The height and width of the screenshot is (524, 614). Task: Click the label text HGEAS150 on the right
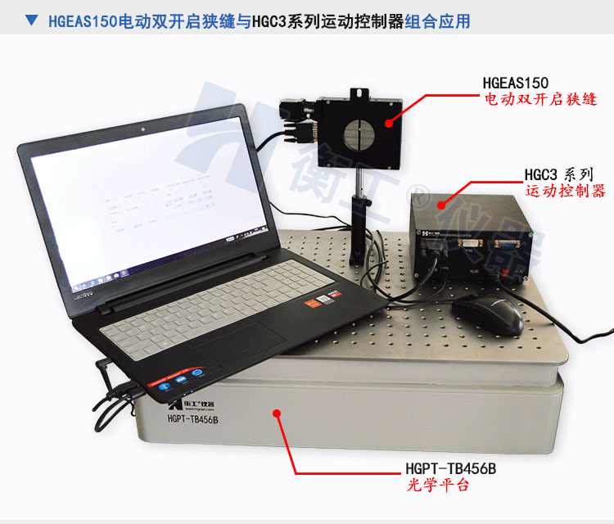516,82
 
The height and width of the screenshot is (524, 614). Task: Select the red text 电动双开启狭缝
540,100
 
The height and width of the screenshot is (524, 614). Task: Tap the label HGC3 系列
558,175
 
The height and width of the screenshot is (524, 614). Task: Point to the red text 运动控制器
565,192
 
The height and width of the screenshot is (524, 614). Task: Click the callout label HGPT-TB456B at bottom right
450,468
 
